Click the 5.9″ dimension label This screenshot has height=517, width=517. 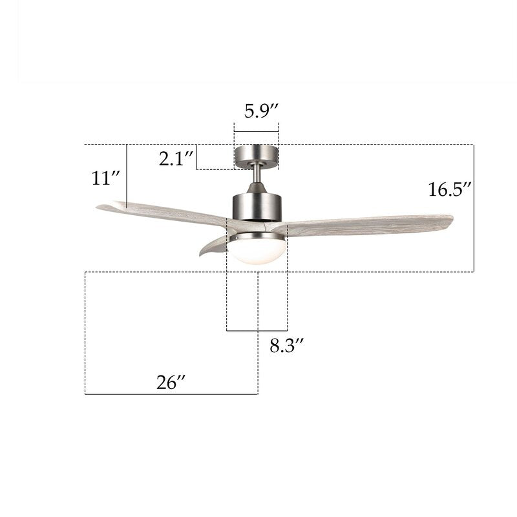[x=262, y=111]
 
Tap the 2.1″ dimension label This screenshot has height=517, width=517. [x=176, y=158]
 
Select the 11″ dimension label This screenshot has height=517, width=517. [x=105, y=178]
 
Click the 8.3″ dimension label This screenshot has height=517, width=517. [x=286, y=346]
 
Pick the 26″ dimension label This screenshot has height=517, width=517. [x=171, y=383]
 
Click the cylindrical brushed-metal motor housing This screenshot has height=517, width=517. [x=257, y=207]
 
